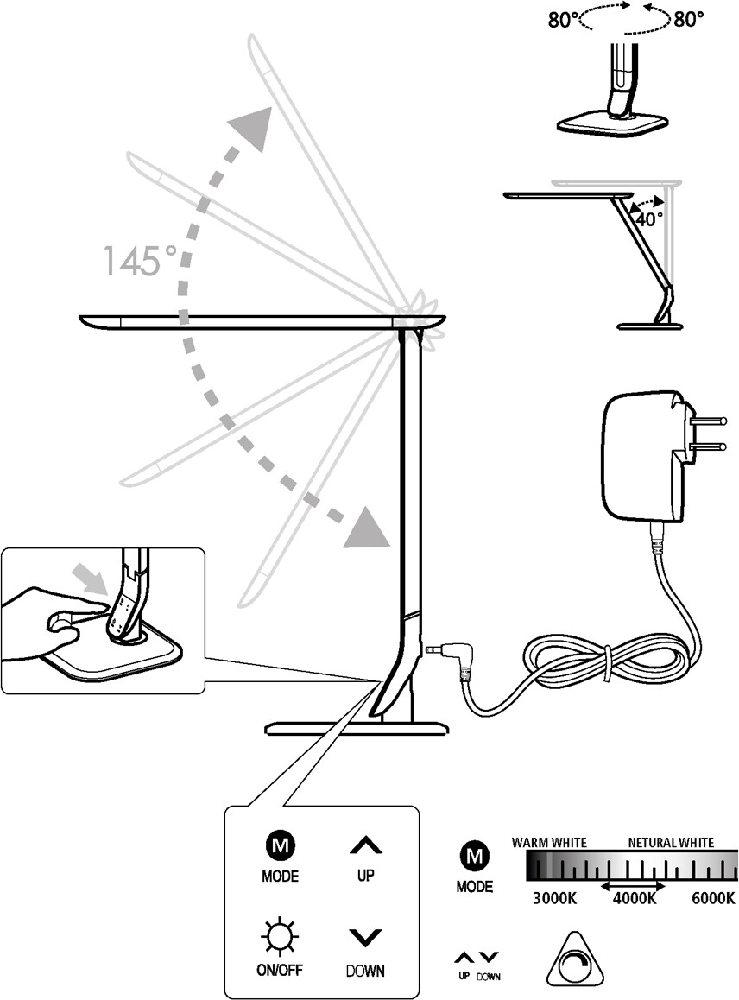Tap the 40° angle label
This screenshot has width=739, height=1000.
(649, 218)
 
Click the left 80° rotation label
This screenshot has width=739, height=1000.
(564, 20)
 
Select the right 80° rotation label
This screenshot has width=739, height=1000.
(690, 20)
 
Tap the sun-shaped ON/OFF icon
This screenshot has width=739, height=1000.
(279, 936)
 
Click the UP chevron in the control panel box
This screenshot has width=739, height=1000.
(365, 846)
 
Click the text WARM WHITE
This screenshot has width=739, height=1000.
(549, 842)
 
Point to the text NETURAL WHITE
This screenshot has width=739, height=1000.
(671, 842)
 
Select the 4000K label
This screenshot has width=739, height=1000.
(635, 898)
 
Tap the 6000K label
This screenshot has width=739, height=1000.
(713, 898)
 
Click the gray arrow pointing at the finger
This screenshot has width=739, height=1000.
(87, 575)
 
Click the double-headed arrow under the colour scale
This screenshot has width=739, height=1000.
(633, 886)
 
